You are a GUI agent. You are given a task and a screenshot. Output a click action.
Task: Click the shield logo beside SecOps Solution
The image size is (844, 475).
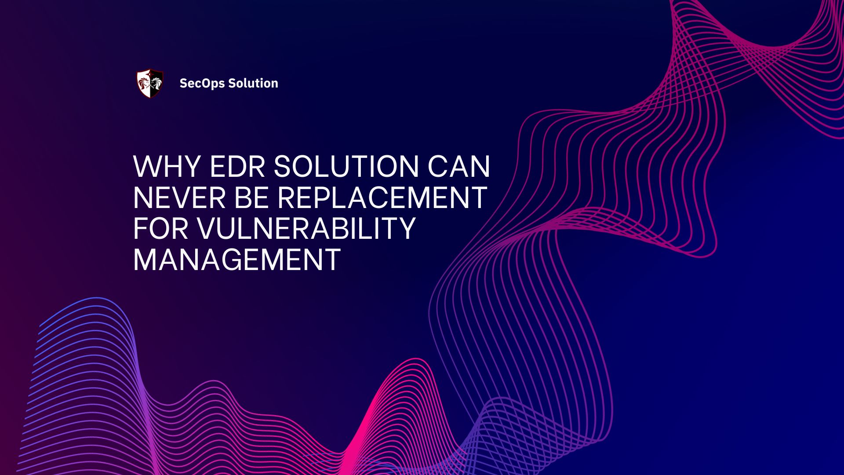click(x=150, y=83)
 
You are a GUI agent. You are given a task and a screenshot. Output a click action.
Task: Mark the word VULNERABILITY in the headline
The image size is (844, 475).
click(x=306, y=228)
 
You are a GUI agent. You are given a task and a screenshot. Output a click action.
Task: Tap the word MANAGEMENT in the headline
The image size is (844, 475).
click(x=236, y=259)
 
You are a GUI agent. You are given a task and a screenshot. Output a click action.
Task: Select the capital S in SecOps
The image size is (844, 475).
click(x=184, y=83)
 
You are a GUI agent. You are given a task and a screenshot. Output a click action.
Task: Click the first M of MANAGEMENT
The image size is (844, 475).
click(x=144, y=259)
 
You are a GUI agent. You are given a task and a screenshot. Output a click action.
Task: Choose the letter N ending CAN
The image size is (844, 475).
click(x=480, y=167)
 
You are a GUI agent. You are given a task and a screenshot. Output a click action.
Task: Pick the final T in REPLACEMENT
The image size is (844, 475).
click(x=477, y=197)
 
